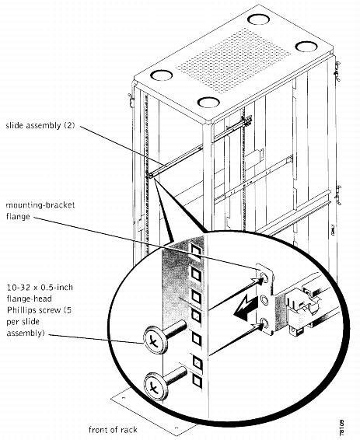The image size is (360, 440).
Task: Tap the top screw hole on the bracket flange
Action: coord(266,277)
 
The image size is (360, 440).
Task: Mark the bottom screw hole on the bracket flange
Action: coord(267,322)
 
